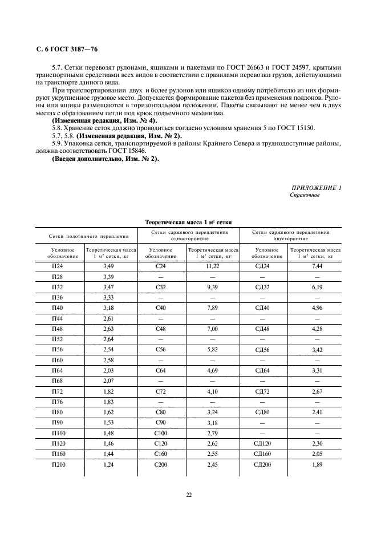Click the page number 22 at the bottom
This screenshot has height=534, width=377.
pos(188,495)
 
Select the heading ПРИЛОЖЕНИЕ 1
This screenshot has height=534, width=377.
pos(316,188)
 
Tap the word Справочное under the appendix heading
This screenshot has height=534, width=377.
pos(305,195)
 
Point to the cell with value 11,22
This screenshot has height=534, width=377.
pos(213,266)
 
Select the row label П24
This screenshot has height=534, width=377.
pos(58,266)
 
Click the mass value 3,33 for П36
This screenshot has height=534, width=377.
pos(108,297)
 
